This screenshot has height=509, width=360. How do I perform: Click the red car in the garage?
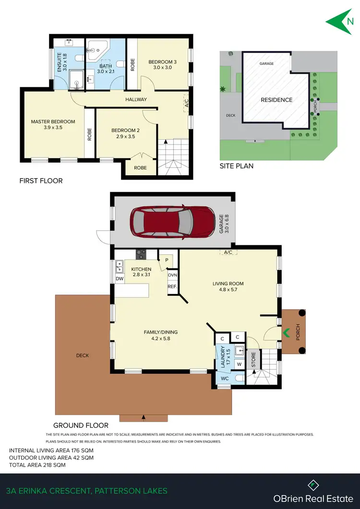pos(172,221)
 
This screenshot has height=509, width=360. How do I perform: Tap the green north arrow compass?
pos(340,21)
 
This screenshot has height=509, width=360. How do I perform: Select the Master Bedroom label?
pos(53,125)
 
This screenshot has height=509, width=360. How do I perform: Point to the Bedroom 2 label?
pos(125,133)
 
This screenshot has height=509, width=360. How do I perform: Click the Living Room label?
pos(228,286)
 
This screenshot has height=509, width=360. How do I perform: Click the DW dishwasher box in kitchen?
pos(120,278)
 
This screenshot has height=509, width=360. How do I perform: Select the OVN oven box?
pos(172,275)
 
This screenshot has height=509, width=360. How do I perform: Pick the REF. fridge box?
pos(172,287)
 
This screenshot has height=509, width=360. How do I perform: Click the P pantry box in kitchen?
pos(166,260)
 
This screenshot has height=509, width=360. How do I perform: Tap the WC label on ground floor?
pos(225,379)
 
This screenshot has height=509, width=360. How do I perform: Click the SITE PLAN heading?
pos(236,166)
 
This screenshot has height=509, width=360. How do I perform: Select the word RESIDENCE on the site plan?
pos(276,100)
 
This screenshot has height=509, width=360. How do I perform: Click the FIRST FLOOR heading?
pos(41,181)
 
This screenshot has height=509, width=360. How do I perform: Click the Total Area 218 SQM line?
pos(37,465)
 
